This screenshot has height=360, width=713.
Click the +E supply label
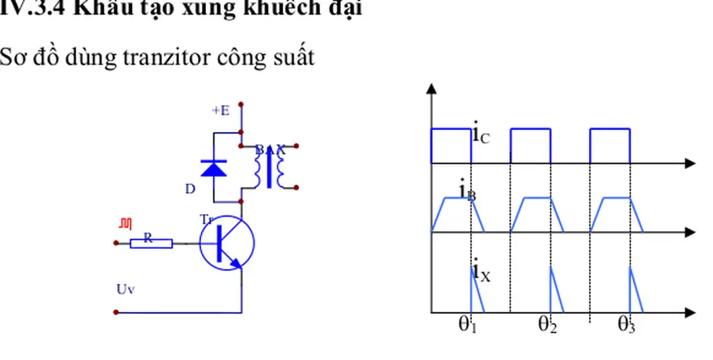click(221, 111)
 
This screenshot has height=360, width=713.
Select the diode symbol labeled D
click(213, 168)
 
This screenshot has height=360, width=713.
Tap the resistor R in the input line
click(151, 242)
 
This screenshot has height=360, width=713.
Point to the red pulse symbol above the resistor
click(125, 225)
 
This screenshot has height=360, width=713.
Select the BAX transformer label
click(271, 150)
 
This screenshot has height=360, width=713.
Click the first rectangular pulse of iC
click(451, 145)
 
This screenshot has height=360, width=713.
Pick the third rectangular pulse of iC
click(610, 145)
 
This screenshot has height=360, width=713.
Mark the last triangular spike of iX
click(634, 291)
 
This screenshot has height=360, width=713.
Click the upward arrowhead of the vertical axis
click(432, 90)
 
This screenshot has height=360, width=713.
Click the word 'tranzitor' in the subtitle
click(158, 58)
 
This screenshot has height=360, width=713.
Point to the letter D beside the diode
click(190, 190)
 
